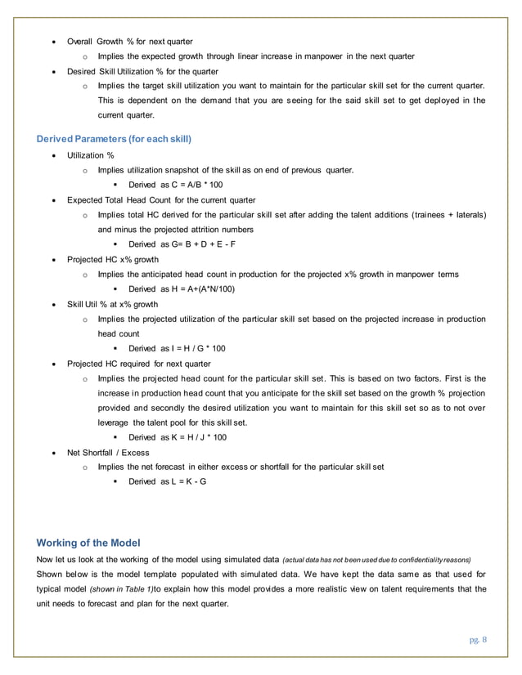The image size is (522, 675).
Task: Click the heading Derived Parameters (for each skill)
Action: point(115,139)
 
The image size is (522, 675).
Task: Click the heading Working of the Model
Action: point(89,543)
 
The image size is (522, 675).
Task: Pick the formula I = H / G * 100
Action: point(182,348)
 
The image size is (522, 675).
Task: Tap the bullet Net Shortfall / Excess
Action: point(109,452)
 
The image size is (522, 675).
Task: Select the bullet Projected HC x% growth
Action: point(113,259)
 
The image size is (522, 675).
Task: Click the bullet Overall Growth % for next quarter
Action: point(129,41)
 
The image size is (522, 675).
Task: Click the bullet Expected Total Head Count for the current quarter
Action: point(161,199)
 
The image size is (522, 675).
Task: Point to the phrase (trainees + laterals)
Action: point(442,215)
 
